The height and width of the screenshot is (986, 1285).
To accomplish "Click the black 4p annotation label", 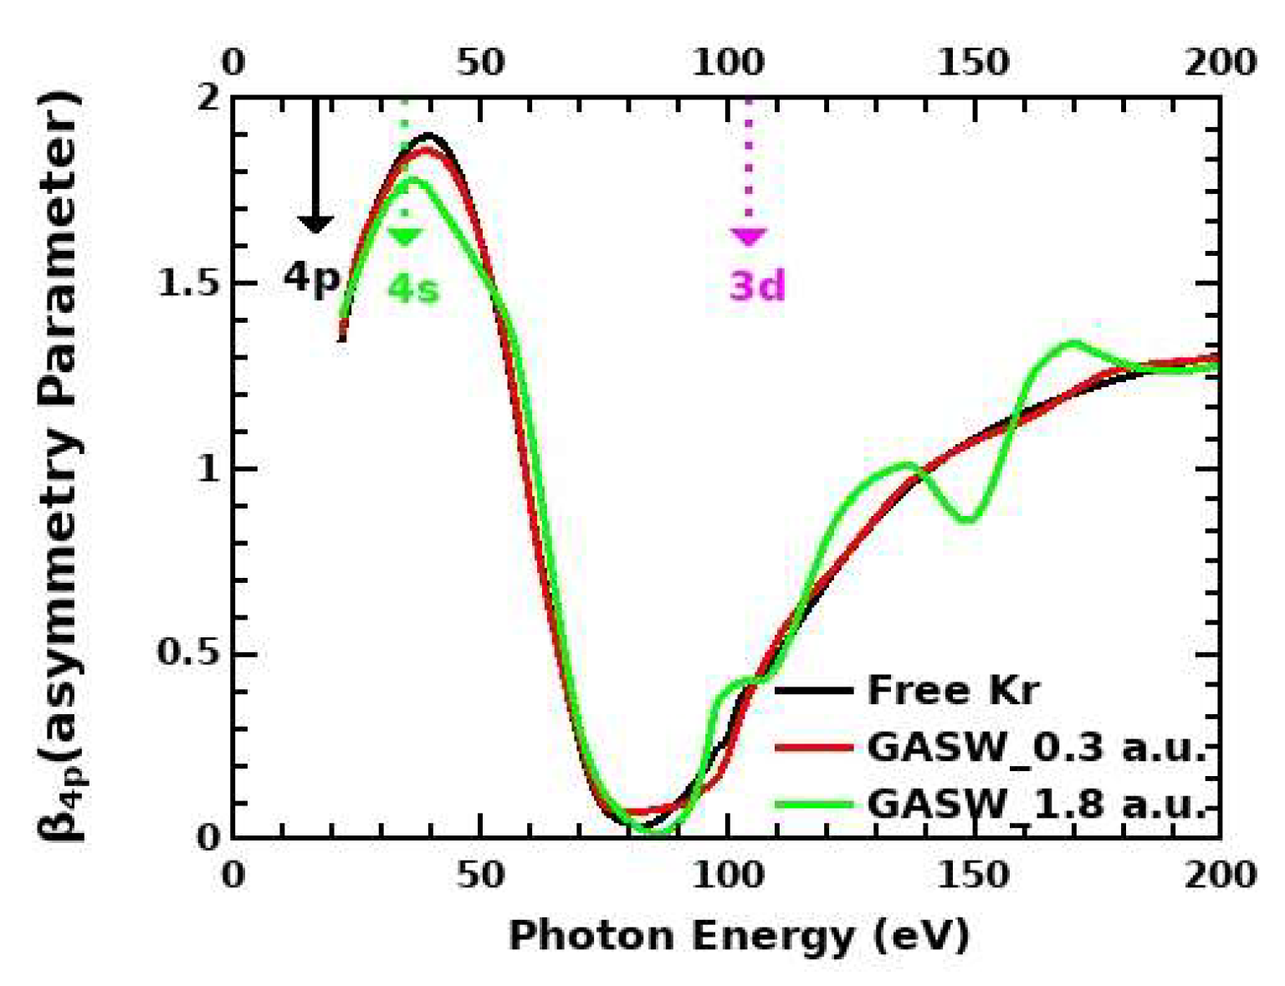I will pos(311,277).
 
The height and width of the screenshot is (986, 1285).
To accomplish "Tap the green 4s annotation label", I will pos(412,289).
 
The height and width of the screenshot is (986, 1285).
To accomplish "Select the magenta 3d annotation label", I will pos(757,286).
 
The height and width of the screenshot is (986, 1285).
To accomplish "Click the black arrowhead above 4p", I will pos(315,223).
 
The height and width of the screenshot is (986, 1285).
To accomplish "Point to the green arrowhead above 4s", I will pos(405,237).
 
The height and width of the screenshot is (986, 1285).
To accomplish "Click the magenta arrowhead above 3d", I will pos(748,237).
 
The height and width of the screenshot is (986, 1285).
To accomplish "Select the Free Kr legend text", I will pos(953,691).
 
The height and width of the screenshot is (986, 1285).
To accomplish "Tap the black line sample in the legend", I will pos(813,691).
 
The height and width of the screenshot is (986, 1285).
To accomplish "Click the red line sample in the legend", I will pos(813,747).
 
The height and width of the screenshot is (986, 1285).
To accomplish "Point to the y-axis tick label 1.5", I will pos(187,284).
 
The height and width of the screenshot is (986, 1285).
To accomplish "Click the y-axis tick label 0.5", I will pos(187,654).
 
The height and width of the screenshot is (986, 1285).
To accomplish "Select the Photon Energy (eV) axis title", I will pos(738,934).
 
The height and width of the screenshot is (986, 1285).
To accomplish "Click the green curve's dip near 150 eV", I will pos(968,519).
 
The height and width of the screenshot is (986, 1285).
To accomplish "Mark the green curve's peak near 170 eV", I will pos(1073,341).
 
